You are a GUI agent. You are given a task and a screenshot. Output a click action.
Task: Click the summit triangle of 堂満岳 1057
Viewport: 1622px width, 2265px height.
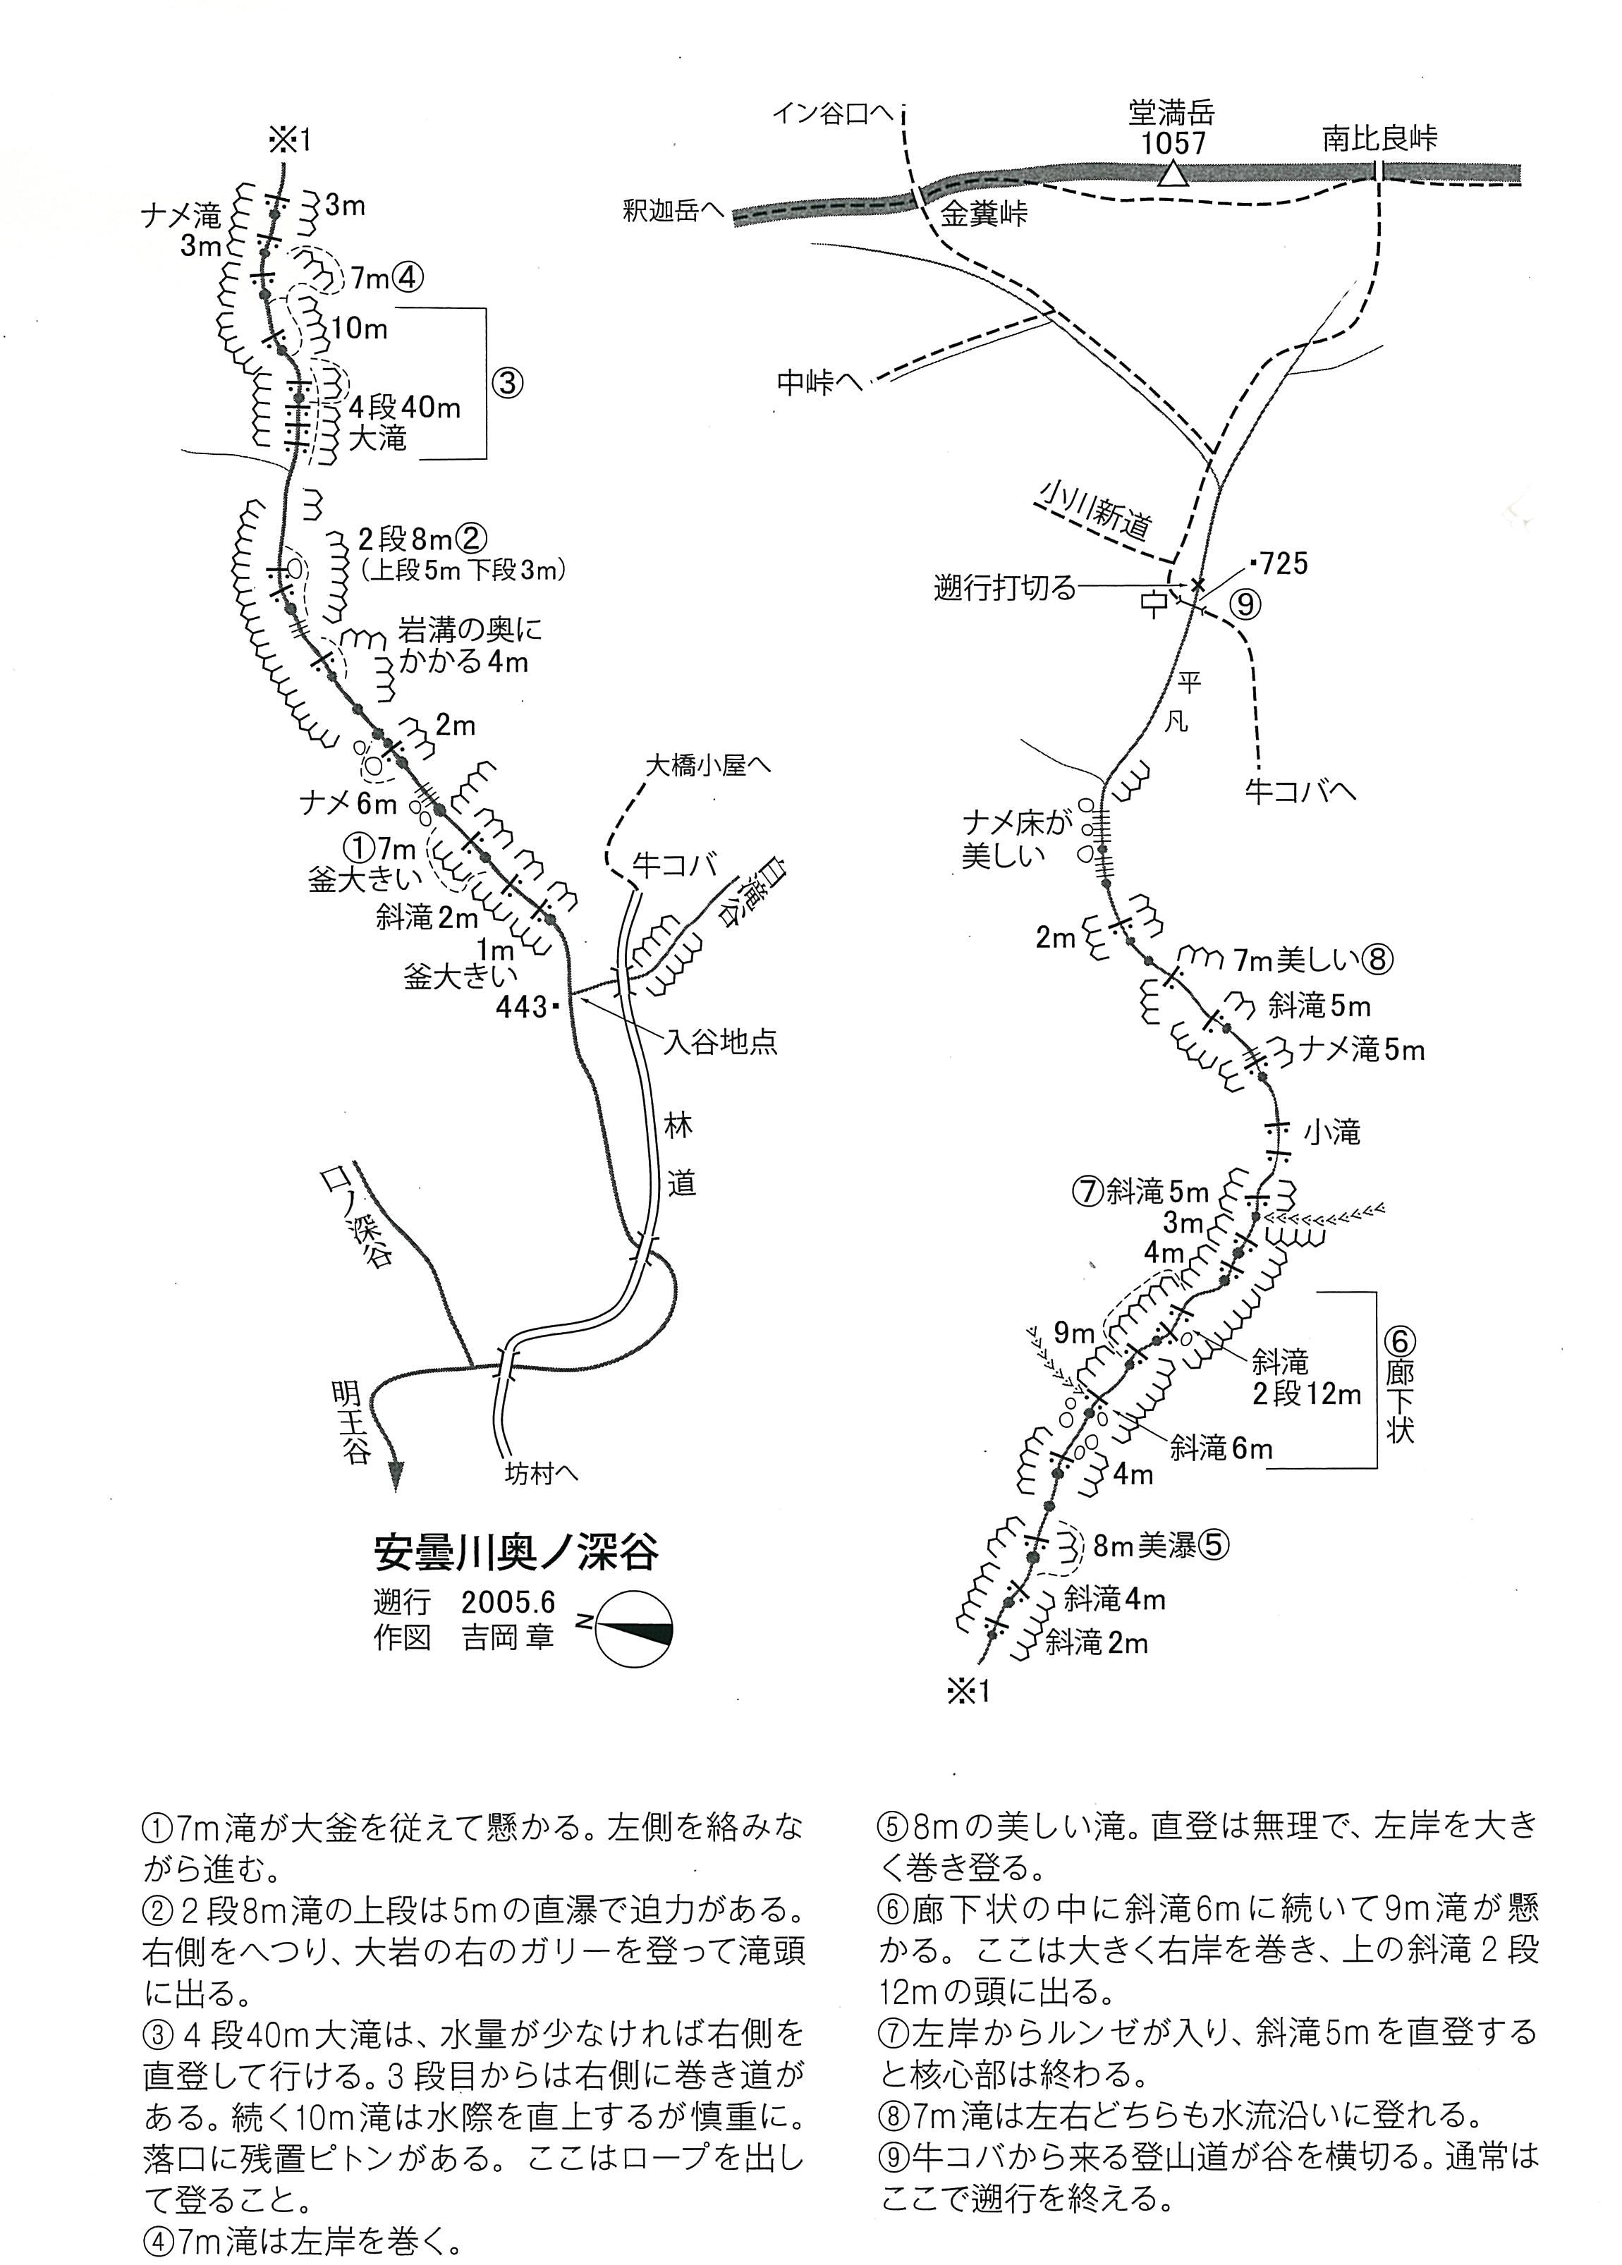1175,176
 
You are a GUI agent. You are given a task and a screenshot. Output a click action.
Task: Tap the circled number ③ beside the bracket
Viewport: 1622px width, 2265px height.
507,384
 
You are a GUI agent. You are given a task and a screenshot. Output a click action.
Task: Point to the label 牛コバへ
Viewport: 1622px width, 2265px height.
1300,792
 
